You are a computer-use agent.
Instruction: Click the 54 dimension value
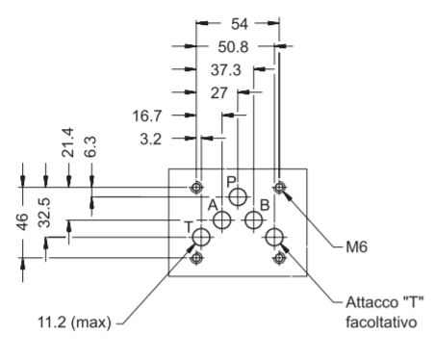(x=240, y=24)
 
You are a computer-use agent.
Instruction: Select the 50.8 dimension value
(x=233, y=47)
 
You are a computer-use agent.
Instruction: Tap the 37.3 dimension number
(x=225, y=70)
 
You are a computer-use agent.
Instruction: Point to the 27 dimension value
(x=219, y=93)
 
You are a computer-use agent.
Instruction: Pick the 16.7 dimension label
(x=147, y=116)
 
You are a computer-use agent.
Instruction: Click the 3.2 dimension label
(x=151, y=140)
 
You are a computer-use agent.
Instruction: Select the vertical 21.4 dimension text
(x=67, y=142)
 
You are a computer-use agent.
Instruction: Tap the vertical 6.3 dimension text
(x=90, y=147)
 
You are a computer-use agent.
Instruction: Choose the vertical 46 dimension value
(x=22, y=221)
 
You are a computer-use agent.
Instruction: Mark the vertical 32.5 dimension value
(x=44, y=213)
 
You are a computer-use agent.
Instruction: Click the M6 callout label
(x=356, y=247)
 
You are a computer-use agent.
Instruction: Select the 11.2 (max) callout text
(x=74, y=322)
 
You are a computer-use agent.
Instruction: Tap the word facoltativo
(x=381, y=322)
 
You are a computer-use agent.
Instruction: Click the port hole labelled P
(x=238, y=196)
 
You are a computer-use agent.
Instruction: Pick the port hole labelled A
(x=222, y=220)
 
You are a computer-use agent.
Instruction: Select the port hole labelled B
(x=254, y=220)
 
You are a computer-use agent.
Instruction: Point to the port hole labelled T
(x=201, y=238)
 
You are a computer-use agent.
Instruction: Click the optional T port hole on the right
(x=274, y=238)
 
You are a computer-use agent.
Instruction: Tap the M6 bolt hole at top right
(x=279, y=187)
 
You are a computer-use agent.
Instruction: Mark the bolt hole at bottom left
(x=196, y=257)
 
